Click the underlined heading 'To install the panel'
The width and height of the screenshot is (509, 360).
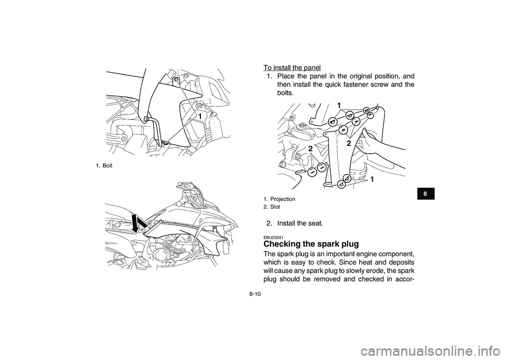[292, 67]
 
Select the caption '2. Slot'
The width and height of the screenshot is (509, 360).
[273, 206]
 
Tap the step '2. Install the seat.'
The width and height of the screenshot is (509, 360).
[300, 223]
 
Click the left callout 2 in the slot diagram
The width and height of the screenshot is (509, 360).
[310, 148]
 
